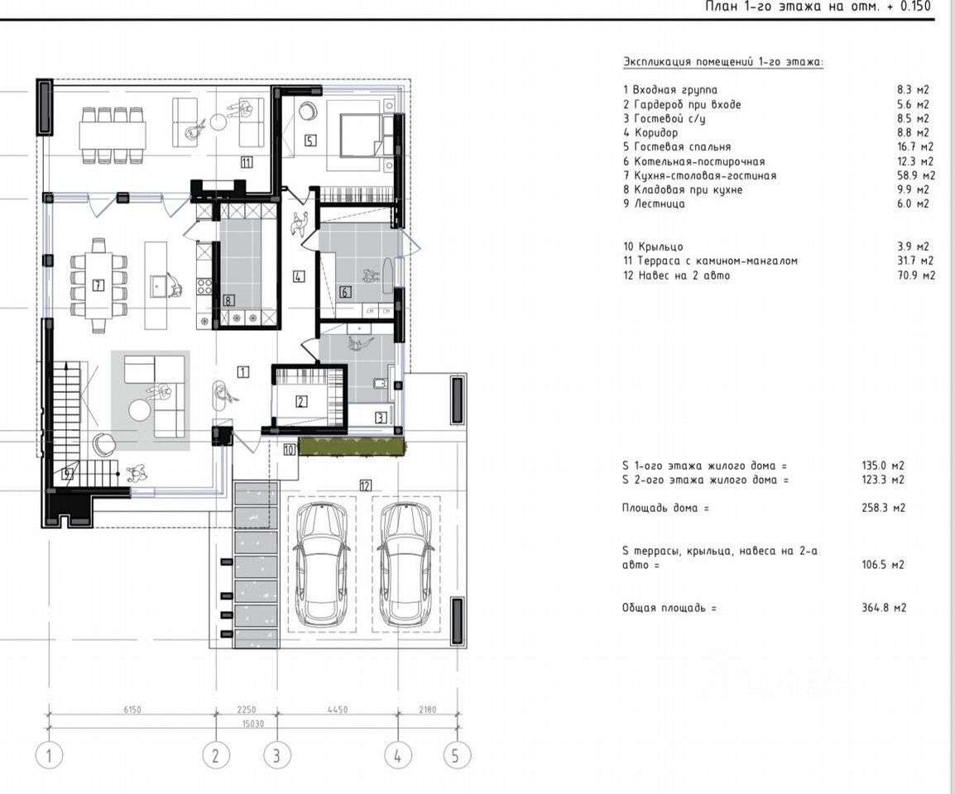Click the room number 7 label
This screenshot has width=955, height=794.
click(98, 285)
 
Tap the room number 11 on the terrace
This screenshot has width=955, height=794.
click(246, 162)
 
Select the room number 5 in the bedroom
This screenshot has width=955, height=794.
click(310, 141)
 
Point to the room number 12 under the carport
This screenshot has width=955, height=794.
click(365, 485)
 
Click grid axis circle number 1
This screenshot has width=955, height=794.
click(50, 756)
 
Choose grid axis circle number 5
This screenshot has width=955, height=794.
click(455, 756)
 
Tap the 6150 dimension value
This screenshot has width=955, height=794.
click(132, 710)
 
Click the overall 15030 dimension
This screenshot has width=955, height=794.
click(252, 724)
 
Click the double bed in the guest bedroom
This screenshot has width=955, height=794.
click(361, 130)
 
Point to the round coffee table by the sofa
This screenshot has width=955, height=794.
click(140, 409)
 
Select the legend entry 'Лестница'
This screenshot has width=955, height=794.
click(660, 204)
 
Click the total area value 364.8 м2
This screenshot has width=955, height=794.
click(884, 607)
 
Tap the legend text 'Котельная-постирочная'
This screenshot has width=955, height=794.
click(699, 161)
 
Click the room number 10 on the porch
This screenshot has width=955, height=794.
click(290, 449)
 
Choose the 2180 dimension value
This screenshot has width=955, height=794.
click(428, 710)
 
